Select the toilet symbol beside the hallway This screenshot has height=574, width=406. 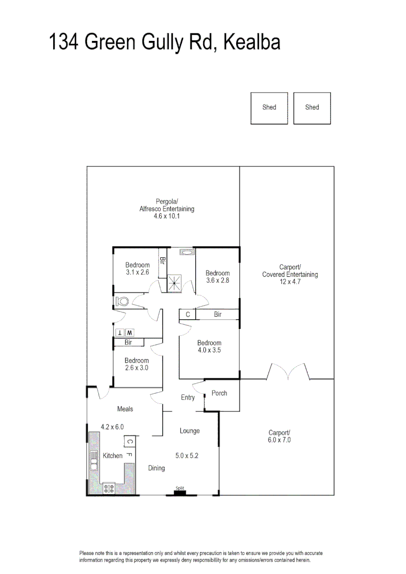(x=123, y=302)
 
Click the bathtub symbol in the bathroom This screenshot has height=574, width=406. (x=187, y=252)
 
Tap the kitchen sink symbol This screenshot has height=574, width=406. (x=94, y=460)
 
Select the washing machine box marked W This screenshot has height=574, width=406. (x=129, y=332)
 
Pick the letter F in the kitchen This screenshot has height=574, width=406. (x=129, y=455)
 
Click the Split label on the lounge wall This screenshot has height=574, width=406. (x=180, y=488)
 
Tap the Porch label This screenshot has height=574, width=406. (x=219, y=393)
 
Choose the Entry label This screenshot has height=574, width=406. (x=188, y=398)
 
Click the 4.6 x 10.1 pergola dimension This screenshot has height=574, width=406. (x=167, y=217)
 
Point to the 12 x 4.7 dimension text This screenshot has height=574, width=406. (x=290, y=282)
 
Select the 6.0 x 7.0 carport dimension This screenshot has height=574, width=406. (x=280, y=440)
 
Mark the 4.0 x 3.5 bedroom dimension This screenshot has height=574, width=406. (x=209, y=351)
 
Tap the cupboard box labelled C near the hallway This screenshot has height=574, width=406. (x=187, y=315)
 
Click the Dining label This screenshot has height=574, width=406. (x=157, y=468)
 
